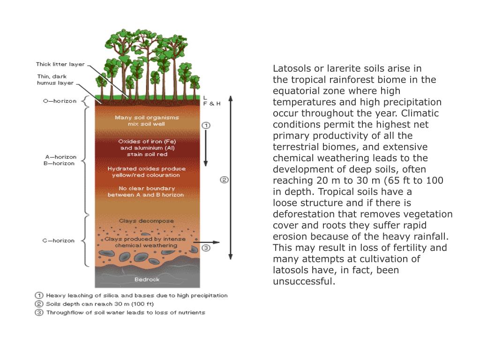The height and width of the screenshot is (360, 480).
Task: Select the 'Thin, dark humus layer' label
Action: [x=55, y=80]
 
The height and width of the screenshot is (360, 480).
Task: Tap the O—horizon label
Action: [x=60, y=101]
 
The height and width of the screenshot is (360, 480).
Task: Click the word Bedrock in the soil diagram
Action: [x=147, y=279]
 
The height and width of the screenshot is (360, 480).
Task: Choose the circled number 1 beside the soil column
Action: [x=206, y=126]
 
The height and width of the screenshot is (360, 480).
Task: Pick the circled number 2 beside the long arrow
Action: [x=224, y=180]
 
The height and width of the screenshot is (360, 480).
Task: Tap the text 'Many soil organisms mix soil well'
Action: [x=146, y=121]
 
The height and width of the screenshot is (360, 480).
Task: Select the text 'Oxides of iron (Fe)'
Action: [x=147, y=141]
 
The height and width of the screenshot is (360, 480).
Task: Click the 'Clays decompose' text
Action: [x=146, y=221]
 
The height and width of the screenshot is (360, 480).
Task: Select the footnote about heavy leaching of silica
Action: [x=136, y=296]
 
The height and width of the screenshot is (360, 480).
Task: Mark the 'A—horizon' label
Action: [x=60, y=157]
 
